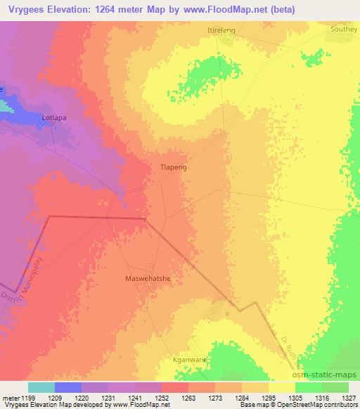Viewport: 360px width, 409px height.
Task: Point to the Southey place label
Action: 344,30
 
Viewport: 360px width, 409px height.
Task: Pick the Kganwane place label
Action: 188,359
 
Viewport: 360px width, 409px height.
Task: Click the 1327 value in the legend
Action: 349,397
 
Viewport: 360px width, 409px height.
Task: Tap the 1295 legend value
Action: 268,397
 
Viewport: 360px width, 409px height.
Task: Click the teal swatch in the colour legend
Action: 41,387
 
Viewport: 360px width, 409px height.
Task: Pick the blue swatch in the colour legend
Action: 67,387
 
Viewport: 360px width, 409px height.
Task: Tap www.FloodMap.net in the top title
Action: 212,9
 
